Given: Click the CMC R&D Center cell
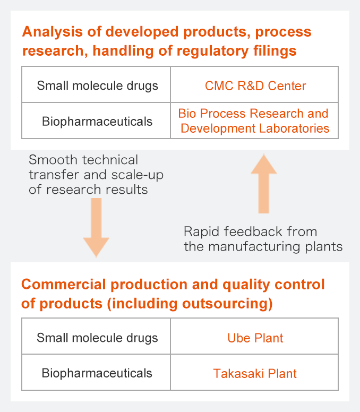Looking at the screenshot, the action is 254,84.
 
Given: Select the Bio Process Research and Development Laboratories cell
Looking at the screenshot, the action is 254,121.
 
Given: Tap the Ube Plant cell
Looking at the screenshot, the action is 254,336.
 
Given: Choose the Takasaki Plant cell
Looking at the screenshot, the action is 254,372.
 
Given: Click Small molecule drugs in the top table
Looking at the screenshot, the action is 98,86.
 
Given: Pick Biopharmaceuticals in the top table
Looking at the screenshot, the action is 97,122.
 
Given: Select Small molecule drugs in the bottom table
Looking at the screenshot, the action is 97,338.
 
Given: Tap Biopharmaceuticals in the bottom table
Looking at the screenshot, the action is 97,373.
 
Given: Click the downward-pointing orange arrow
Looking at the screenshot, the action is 96,228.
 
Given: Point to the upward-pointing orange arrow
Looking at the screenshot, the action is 264,183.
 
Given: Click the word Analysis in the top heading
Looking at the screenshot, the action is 53,32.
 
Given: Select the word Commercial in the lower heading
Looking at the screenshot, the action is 64,284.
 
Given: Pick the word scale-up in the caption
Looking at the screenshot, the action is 138,175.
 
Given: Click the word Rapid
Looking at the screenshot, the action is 202,232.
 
